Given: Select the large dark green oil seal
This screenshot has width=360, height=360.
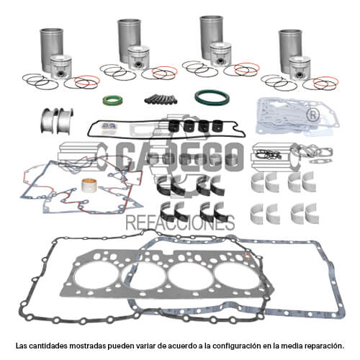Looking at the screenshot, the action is pos(212,97).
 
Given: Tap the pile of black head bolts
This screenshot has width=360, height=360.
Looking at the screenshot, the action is pos(161,99).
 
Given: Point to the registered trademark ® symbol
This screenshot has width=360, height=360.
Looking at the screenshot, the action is pos(313,115).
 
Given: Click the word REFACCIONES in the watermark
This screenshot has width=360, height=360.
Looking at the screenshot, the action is pos(180,222).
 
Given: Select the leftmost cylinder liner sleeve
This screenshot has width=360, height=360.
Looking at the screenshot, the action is pos(51,50).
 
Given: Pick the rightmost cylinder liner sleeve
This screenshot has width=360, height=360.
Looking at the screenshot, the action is pos(290,51).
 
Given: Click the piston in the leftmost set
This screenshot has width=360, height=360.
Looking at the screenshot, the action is pos(61,68).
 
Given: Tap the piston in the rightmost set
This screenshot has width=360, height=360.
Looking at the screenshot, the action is pos(300,68).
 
